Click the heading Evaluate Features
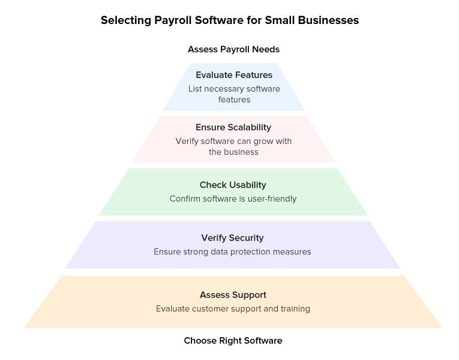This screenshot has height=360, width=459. (233, 75)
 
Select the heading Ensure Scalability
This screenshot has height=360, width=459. (233, 127)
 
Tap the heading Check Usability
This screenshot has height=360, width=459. (233, 185)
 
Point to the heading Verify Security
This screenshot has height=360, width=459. (233, 238)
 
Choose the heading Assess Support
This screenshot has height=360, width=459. (233, 295)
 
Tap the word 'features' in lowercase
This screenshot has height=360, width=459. (234, 100)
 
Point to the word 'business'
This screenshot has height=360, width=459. (241, 152)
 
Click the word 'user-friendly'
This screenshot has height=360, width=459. (271, 199)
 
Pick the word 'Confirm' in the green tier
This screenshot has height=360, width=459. (185, 199)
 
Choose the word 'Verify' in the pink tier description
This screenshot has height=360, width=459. (188, 141)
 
